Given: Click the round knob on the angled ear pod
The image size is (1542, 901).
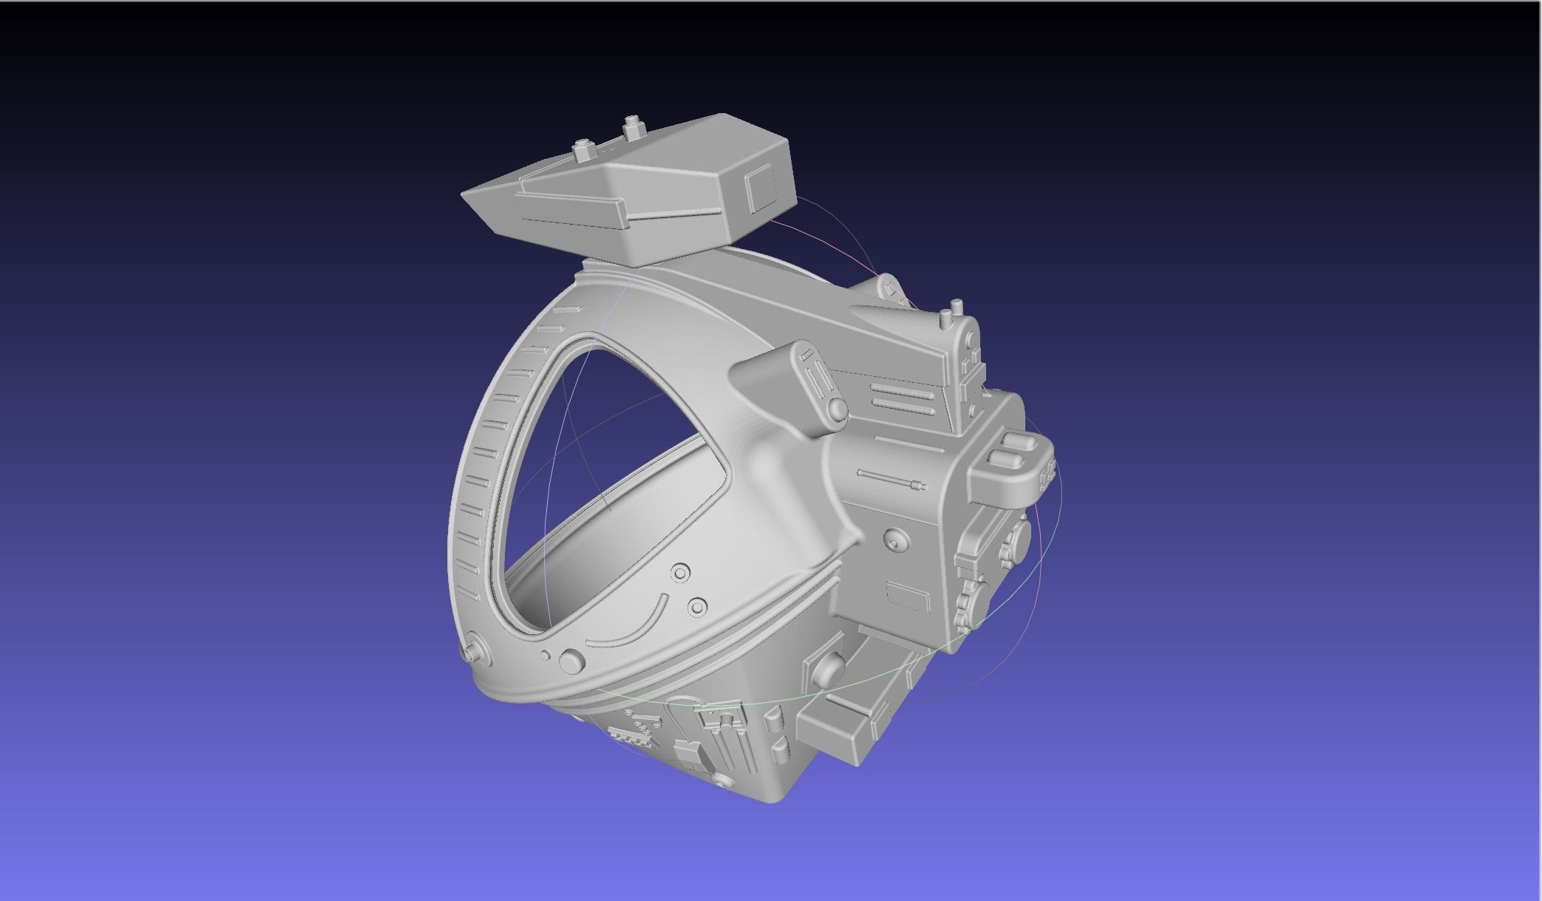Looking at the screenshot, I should coord(836,409).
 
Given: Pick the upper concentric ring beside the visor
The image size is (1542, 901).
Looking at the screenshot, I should coord(680,573).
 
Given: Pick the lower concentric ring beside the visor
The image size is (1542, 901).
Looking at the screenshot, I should coord(697,608).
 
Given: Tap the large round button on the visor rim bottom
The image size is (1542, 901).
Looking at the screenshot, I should coord(571,661).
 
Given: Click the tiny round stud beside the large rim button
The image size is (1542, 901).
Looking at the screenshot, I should coord(546,655).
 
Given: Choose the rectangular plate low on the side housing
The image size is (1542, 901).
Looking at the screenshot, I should coord(907,596).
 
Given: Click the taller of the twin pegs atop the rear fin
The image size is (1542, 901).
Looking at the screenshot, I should coord(957,307).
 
